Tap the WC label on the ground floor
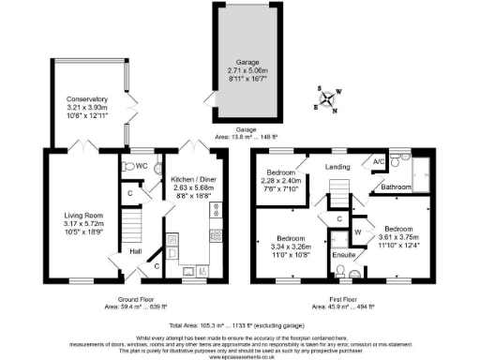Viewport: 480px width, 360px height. point(142,166)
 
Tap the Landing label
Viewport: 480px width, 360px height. point(335,168)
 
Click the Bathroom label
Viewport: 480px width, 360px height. point(397,188)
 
